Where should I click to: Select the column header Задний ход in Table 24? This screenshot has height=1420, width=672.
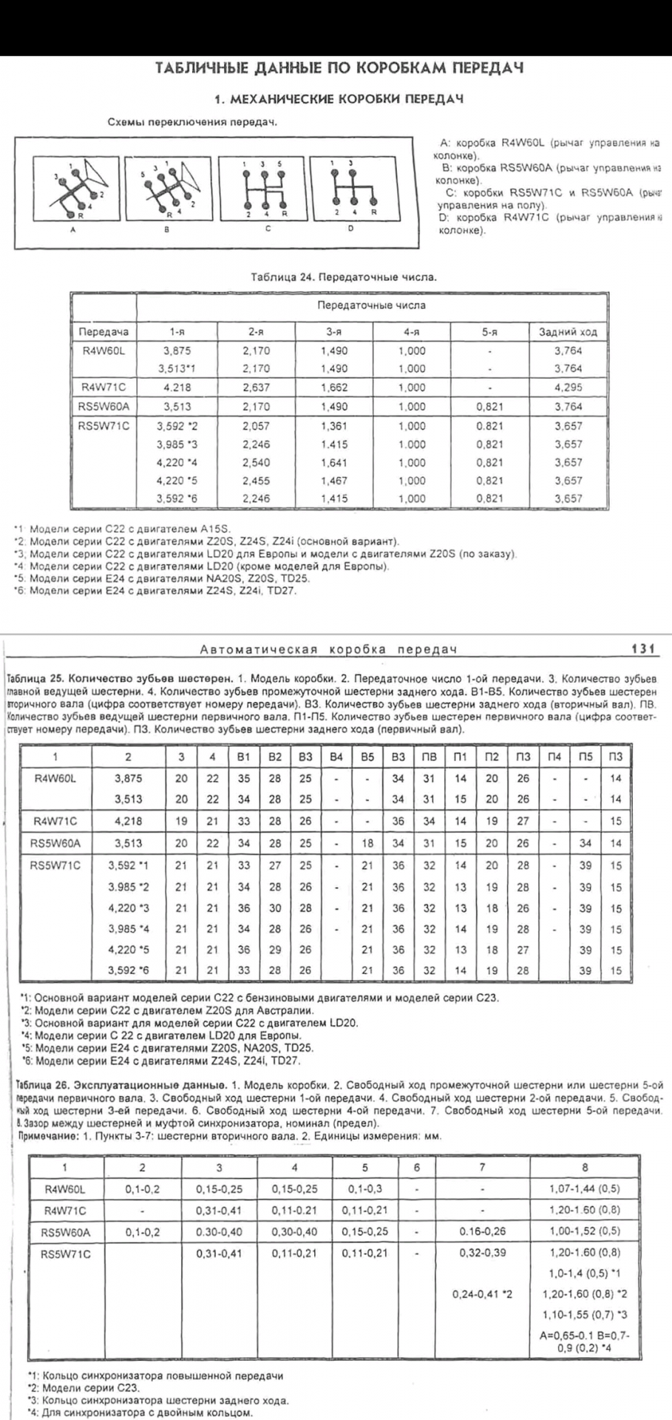coord(568,333)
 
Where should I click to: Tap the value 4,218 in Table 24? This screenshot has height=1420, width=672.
coord(172,387)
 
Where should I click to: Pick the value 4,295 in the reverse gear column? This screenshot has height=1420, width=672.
coord(568,387)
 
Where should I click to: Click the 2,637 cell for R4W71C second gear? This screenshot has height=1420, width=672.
coord(256,387)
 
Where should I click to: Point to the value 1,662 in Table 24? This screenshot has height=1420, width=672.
coord(334,387)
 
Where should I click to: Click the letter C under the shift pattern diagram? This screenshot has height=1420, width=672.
coord(268,229)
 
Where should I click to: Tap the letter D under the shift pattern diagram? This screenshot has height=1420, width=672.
coord(350,229)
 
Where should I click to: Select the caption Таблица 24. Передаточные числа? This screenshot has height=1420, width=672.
coord(344,278)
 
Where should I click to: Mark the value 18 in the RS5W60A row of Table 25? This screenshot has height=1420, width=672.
coord(367,842)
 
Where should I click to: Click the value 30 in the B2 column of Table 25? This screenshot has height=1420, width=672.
coord(274,907)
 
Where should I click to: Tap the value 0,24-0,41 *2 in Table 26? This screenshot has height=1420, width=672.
coord(483,1294)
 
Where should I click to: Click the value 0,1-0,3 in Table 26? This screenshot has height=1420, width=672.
coord(364,1189)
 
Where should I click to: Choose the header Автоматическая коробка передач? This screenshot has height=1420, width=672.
coord(329,649)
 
